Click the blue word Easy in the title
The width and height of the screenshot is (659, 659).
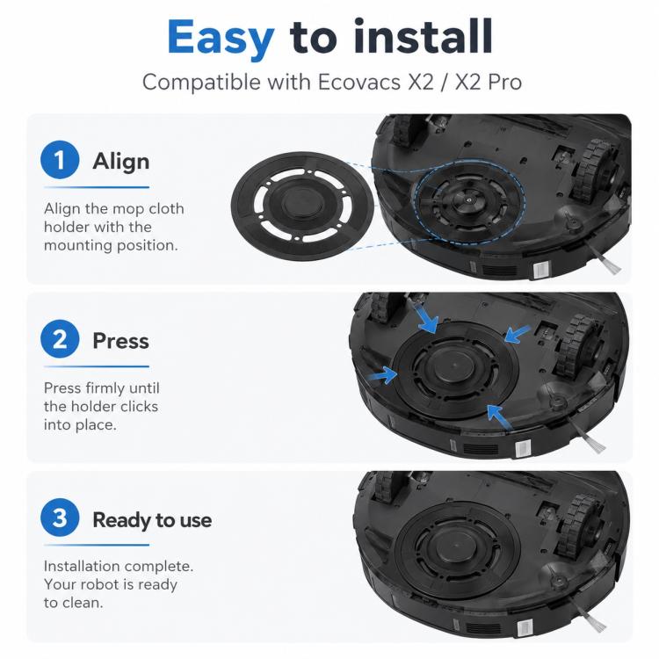tap(221, 39)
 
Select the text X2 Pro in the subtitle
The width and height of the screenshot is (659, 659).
tap(489, 82)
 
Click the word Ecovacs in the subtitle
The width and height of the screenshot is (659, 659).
tap(358, 82)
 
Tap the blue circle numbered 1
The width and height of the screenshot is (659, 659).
tap(60, 160)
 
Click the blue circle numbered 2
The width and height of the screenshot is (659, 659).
tap(60, 339)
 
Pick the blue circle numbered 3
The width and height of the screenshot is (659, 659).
tap(60, 518)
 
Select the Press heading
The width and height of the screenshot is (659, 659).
tap(120, 340)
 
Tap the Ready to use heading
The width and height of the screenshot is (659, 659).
tap(152, 520)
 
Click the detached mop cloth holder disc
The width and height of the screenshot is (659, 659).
tap(302, 206)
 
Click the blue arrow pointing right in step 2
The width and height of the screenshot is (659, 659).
tap(382, 374)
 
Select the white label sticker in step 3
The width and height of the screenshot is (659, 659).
tap(524, 629)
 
